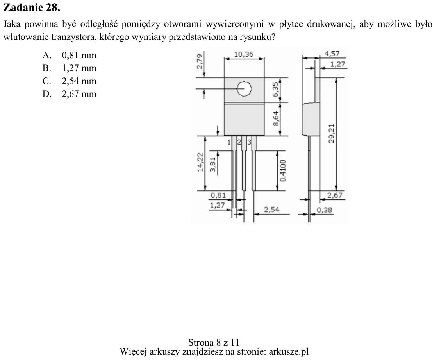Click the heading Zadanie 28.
[32, 7]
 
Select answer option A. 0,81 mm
[70, 55]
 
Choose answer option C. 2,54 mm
[70, 81]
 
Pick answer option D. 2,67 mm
[70, 94]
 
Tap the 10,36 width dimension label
[244, 54]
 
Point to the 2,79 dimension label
[200, 61]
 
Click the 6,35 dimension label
[276, 90]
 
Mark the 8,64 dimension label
[276, 118]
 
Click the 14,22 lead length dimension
[200, 162]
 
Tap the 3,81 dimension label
[213, 165]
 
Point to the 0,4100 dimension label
[283, 171]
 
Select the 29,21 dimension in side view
[332, 133]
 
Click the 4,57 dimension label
[332, 54]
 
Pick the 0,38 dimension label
[324, 210]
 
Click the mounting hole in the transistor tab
[245, 89]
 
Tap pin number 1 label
[229, 142]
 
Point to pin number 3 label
[249, 142]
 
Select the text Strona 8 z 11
[214, 342]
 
